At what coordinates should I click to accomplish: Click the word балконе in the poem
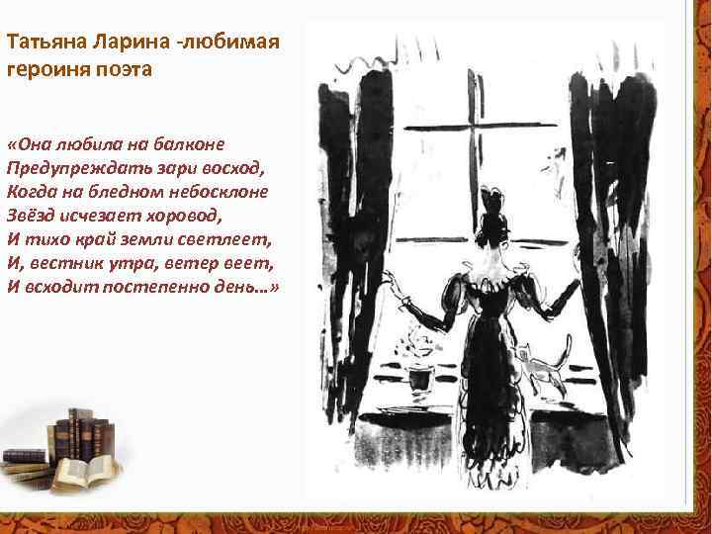click(x=196, y=141)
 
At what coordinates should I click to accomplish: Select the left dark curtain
click(x=347, y=257)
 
